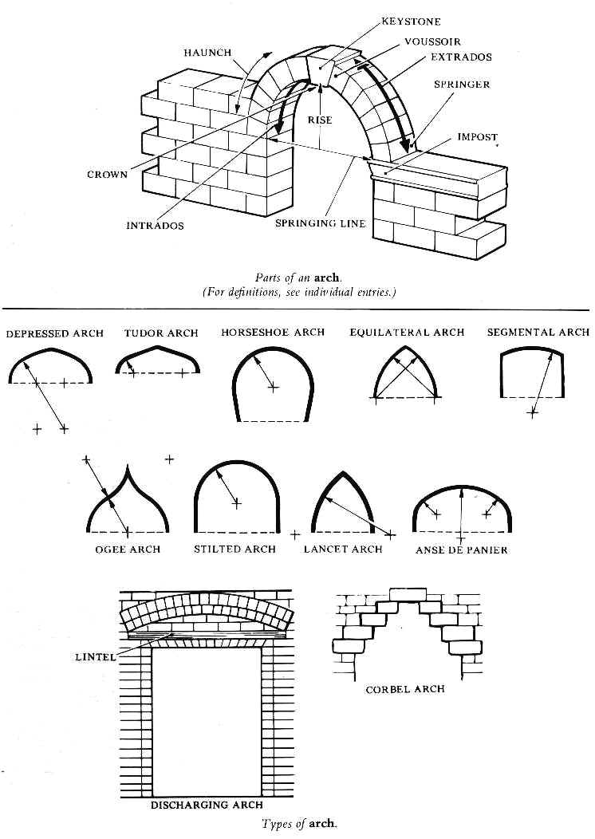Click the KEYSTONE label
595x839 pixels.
[x=411, y=22]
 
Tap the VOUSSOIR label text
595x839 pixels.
[x=432, y=41]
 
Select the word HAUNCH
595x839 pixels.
[x=207, y=53]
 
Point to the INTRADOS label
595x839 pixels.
[x=155, y=226]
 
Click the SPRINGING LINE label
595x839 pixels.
[x=321, y=223]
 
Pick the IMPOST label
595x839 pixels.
[x=477, y=137]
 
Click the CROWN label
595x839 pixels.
[x=107, y=175]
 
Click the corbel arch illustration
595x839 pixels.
[x=405, y=630]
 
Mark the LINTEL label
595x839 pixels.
[x=96, y=657]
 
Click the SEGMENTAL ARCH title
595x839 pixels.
[x=538, y=333]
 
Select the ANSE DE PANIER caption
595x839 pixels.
[x=461, y=549]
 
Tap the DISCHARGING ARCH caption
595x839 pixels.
[x=207, y=806]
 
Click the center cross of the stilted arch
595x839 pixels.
[x=236, y=502]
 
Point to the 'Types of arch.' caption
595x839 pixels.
[x=299, y=824]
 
